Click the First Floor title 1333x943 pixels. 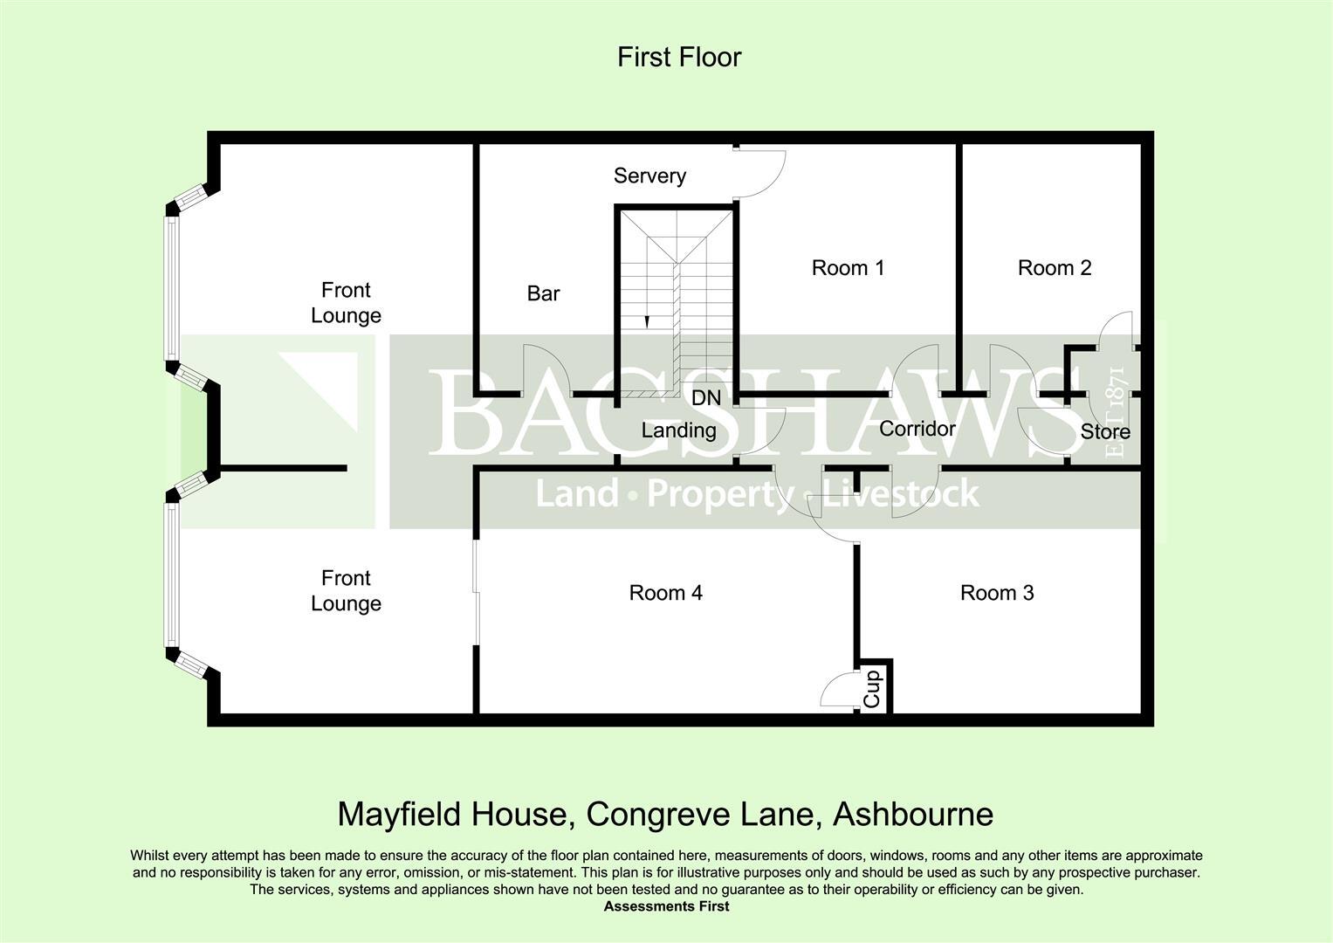tap(679, 58)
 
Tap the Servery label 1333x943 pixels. tap(649, 176)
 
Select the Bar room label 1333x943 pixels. tap(543, 293)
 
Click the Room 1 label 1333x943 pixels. tap(848, 267)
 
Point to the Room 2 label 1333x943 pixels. tap(1055, 267)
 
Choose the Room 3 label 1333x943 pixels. tap(997, 593)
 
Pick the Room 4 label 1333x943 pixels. tap(665, 593)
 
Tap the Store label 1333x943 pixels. tap(1105, 431)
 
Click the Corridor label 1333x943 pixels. tap(917, 429)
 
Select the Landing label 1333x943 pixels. tap(678, 430)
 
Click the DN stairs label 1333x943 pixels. tap(706, 398)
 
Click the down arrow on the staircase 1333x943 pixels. tap(647, 320)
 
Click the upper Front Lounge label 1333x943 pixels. tap(346, 302)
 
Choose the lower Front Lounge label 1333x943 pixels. tap(346, 590)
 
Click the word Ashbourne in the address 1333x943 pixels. tap(913, 815)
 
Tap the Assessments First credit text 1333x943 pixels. tap(666, 906)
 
